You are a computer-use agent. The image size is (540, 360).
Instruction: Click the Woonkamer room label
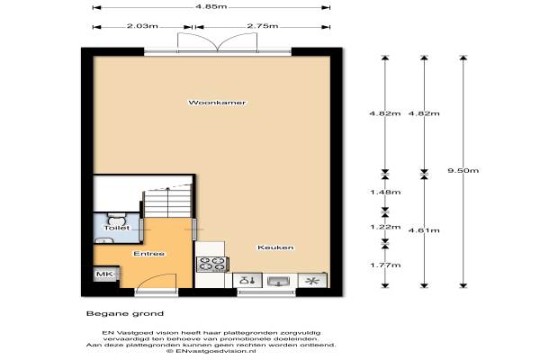217,103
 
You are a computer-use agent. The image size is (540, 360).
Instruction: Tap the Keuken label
275,247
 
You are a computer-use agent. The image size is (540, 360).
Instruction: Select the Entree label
149,254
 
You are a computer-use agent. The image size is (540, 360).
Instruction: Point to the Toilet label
117,228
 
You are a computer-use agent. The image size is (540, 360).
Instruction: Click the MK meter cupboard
105,274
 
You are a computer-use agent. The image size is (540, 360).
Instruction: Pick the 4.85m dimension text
211,6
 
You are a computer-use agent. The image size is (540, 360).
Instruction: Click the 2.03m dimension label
142,26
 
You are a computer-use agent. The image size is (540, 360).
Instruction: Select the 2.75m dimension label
263,26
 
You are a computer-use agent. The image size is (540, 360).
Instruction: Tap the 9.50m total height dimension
463,170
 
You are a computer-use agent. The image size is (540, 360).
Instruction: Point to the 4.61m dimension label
424,230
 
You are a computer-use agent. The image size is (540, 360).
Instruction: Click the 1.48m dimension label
385,192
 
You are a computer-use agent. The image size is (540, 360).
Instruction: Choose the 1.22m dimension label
385,227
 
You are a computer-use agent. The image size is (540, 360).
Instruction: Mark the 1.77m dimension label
385,265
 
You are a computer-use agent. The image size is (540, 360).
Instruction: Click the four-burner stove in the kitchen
211,265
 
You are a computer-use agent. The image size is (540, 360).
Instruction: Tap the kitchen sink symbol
279,281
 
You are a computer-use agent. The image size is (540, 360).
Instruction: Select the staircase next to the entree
167,202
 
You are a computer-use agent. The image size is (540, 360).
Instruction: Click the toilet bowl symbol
117,218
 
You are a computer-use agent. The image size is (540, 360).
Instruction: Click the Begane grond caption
125,313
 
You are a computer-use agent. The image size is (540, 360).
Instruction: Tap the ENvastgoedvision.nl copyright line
211,351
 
